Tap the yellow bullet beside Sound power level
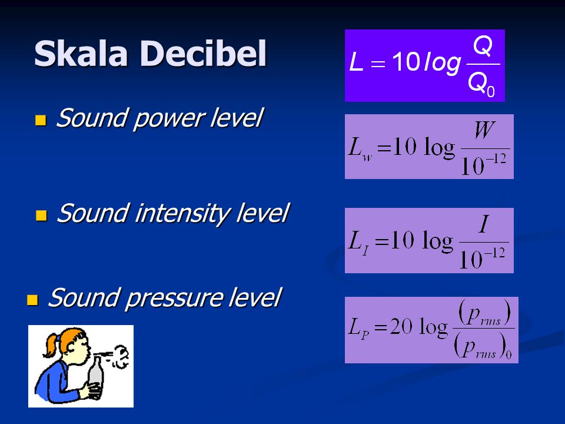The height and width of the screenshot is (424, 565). (x=41, y=120)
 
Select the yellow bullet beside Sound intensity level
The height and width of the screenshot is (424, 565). (x=41, y=216)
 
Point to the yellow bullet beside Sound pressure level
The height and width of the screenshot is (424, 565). (x=32, y=300)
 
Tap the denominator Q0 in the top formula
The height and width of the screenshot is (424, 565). (x=481, y=84)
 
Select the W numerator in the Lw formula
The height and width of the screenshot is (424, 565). (x=484, y=131)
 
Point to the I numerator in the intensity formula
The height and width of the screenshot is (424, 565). (x=484, y=224)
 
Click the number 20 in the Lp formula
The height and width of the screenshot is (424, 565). (x=401, y=327)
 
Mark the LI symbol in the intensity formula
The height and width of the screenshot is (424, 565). (x=359, y=243)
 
